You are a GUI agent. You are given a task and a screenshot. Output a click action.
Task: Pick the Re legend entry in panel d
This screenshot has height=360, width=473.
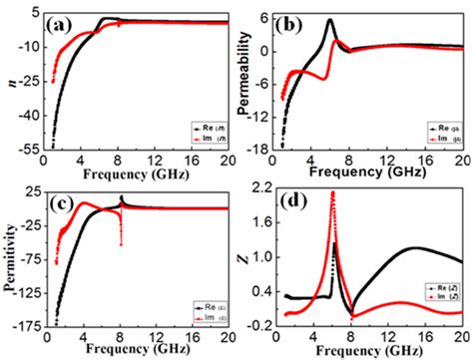click(435, 287)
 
